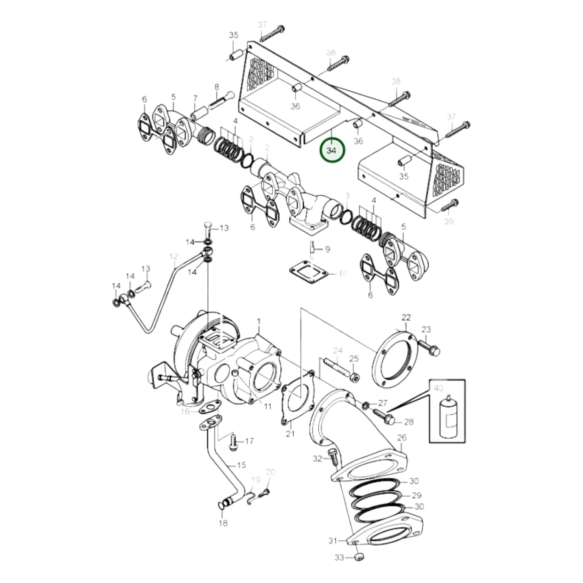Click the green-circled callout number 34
(332, 150)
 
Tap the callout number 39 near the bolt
(448, 221)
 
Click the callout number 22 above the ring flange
(405, 318)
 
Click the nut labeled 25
(354, 377)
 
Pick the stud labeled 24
(336, 366)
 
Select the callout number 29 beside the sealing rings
(416, 495)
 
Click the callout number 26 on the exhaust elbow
(401, 438)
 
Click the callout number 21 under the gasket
(290, 434)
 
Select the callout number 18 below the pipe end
(223, 523)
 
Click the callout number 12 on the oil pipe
(173, 256)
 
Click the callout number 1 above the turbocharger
(259, 322)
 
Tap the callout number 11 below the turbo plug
(267, 406)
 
